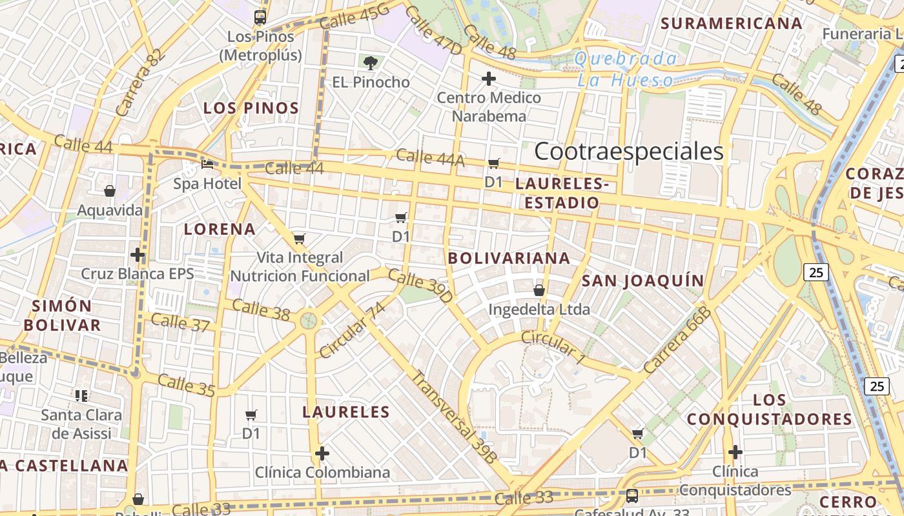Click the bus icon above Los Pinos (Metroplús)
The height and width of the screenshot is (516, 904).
tap(260, 17)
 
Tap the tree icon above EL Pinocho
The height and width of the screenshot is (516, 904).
tap(370, 63)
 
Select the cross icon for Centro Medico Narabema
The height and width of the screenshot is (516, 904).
tap(489, 79)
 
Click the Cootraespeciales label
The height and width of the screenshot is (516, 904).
tap(628, 151)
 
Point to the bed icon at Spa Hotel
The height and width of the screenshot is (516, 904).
tap(207, 164)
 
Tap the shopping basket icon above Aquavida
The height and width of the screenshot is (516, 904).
tap(110, 191)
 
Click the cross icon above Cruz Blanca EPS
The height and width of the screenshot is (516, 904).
tap(137, 254)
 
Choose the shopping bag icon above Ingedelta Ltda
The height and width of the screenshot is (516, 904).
tap(539, 290)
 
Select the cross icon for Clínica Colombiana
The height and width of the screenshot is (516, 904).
tap(322, 453)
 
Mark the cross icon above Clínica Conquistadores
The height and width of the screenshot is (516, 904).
tap(735, 451)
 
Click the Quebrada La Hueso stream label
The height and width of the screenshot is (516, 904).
tap(625, 70)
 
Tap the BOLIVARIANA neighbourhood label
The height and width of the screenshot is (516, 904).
tap(509, 258)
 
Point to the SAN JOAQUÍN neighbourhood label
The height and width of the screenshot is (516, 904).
tap(642, 281)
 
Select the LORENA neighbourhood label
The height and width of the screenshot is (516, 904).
tap(220, 229)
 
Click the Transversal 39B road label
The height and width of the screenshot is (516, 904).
tap(456, 417)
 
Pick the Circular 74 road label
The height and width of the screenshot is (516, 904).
tap(352, 330)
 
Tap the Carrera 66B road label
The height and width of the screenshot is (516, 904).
tap(677, 340)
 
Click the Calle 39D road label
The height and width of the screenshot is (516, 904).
tap(420, 287)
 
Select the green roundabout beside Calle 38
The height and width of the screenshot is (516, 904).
tap(309, 320)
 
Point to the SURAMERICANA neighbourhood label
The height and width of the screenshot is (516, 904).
tap(731, 24)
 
